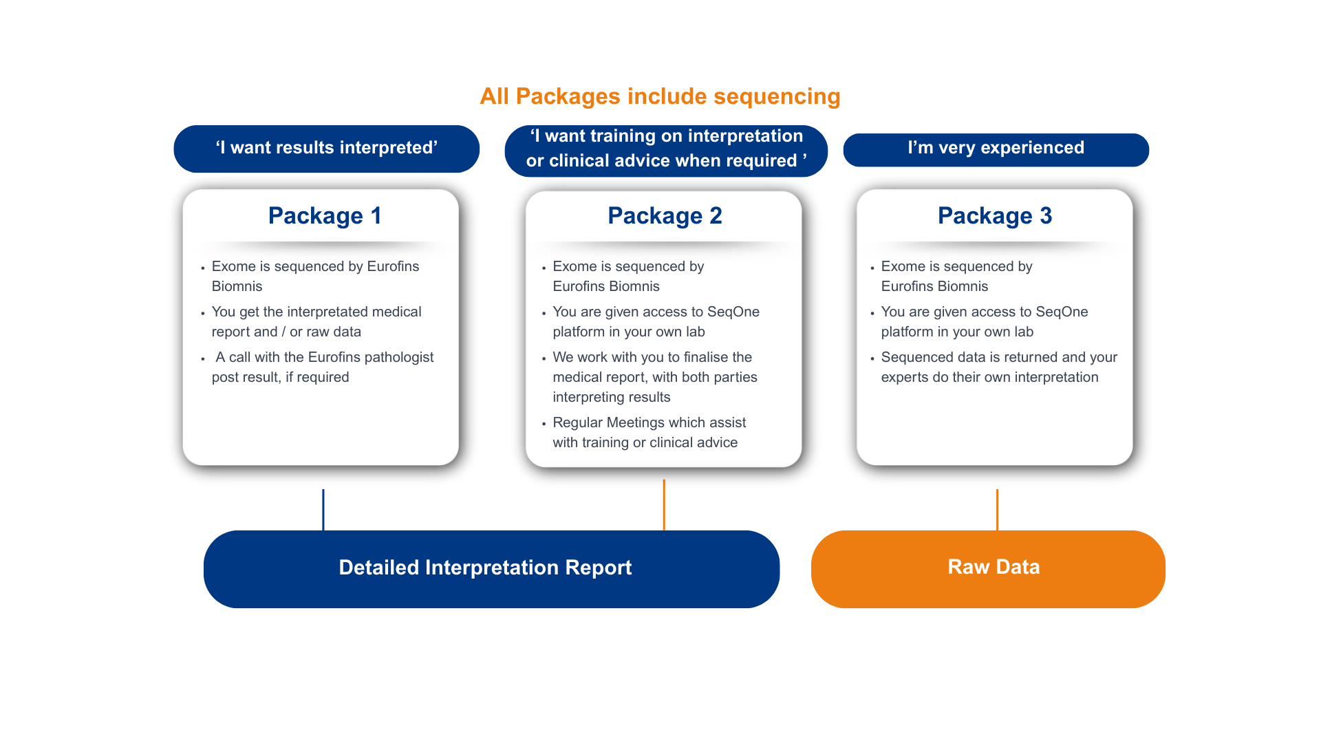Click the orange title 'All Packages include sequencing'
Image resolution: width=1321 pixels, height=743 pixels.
(x=660, y=96)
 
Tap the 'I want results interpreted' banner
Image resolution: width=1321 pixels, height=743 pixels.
(x=326, y=149)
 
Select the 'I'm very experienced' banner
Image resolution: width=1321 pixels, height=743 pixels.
(x=996, y=149)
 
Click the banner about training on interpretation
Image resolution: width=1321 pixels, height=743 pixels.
(x=666, y=151)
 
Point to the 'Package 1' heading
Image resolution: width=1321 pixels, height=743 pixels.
(x=325, y=215)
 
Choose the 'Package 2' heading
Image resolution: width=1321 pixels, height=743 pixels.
(x=665, y=215)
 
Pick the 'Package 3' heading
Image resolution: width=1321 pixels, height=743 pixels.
(x=995, y=215)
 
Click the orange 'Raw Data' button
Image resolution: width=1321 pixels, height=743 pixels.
(x=988, y=569)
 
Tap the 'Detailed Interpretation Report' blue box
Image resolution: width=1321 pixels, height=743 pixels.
(x=491, y=569)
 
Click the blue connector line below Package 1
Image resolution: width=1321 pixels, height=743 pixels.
(x=323, y=510)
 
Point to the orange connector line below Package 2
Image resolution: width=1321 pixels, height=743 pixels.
(x=664, y=505)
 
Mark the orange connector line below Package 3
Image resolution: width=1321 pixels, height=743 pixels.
(x=997, y=510)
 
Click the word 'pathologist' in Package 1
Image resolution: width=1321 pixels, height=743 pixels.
(x=399, y=358)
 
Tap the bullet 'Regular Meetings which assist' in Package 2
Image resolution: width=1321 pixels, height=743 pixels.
(x=649, y=422)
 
